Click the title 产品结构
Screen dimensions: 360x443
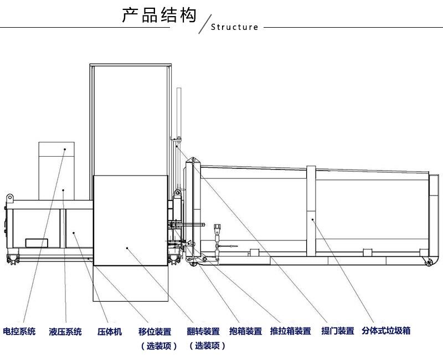[x=159, y=15]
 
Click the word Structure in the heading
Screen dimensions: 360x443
[x=235, y=27]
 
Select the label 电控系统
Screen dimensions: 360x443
[x=19, y=332]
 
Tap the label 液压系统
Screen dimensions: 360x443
[x=65, y=332]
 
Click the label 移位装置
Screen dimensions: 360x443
[x=154, y=332]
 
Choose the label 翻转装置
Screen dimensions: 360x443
[x=203, y=332]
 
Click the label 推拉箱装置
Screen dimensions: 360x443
[x=290, y=332]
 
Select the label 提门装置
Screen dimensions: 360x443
[x=337, y=331]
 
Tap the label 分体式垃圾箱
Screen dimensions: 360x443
[x=386, y=331]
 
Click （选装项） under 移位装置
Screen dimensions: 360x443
[x=158, y=346]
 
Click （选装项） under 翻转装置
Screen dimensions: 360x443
[x=207, y=346]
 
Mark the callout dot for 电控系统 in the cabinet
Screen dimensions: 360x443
[x=64, y=148]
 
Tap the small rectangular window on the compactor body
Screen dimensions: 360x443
[x=37, y=242]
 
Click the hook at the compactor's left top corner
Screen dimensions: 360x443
[x=9, y=197]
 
